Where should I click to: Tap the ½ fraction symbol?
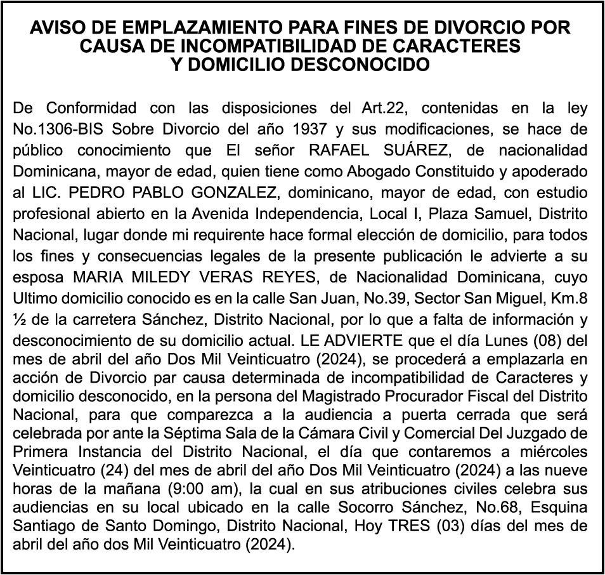(x=19, y=317)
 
